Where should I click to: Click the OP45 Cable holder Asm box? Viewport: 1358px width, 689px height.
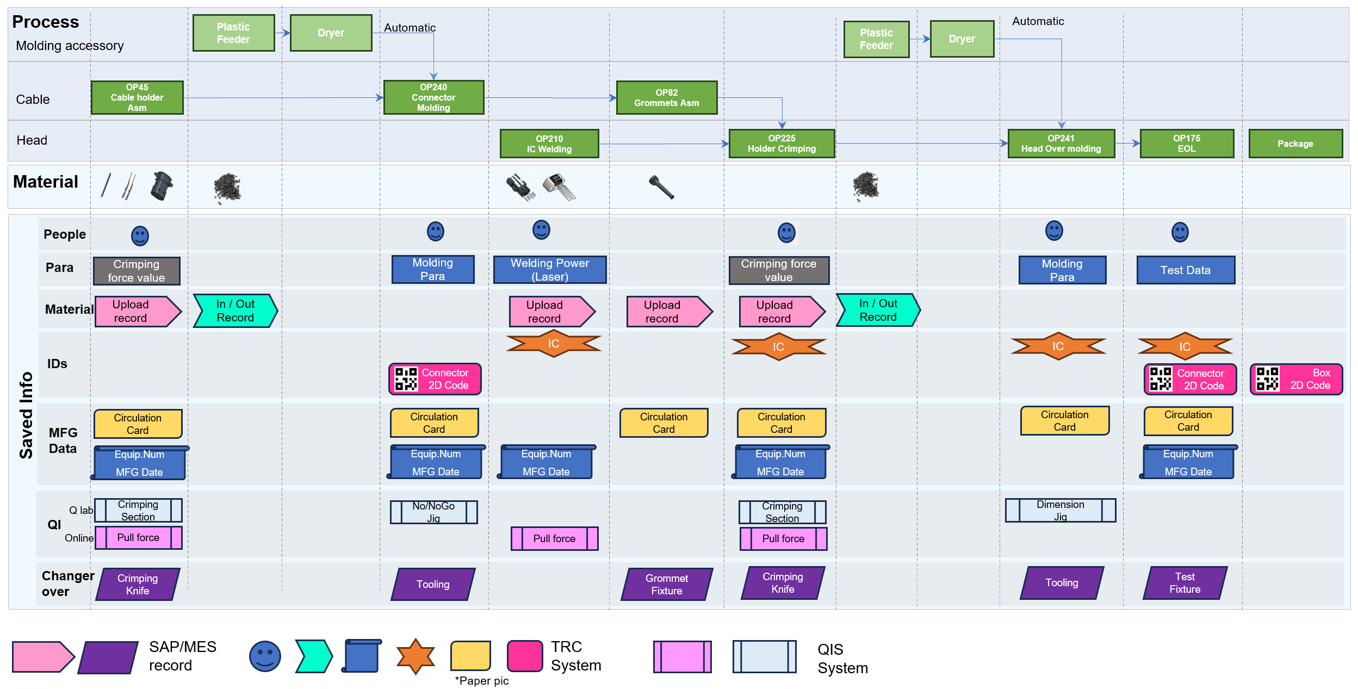137,98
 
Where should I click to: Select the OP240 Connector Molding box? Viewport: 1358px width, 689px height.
433,98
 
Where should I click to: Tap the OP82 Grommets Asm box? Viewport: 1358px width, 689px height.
666,98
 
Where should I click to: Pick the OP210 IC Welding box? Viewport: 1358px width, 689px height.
549,144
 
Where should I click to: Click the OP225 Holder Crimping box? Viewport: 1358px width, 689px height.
782,144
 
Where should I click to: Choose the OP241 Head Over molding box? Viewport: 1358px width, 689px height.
1061,144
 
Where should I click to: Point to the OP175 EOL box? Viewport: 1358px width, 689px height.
1186,144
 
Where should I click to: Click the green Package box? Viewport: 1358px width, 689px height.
1295,144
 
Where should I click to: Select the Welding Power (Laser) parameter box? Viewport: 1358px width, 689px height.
549,270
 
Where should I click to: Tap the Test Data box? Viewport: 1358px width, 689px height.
1185,270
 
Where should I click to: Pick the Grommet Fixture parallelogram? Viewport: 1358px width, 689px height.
666,585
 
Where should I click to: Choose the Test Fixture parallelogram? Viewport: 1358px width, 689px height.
1185,583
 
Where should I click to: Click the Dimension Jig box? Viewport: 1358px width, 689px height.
1060,511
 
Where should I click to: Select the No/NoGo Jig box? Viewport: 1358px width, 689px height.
433,512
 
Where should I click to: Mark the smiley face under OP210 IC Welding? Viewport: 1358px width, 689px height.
541,230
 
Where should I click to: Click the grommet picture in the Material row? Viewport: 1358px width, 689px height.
661,187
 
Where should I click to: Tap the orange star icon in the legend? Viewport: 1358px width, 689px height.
416,656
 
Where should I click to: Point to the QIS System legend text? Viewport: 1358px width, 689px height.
842,659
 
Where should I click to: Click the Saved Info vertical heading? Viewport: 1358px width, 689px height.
26,415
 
